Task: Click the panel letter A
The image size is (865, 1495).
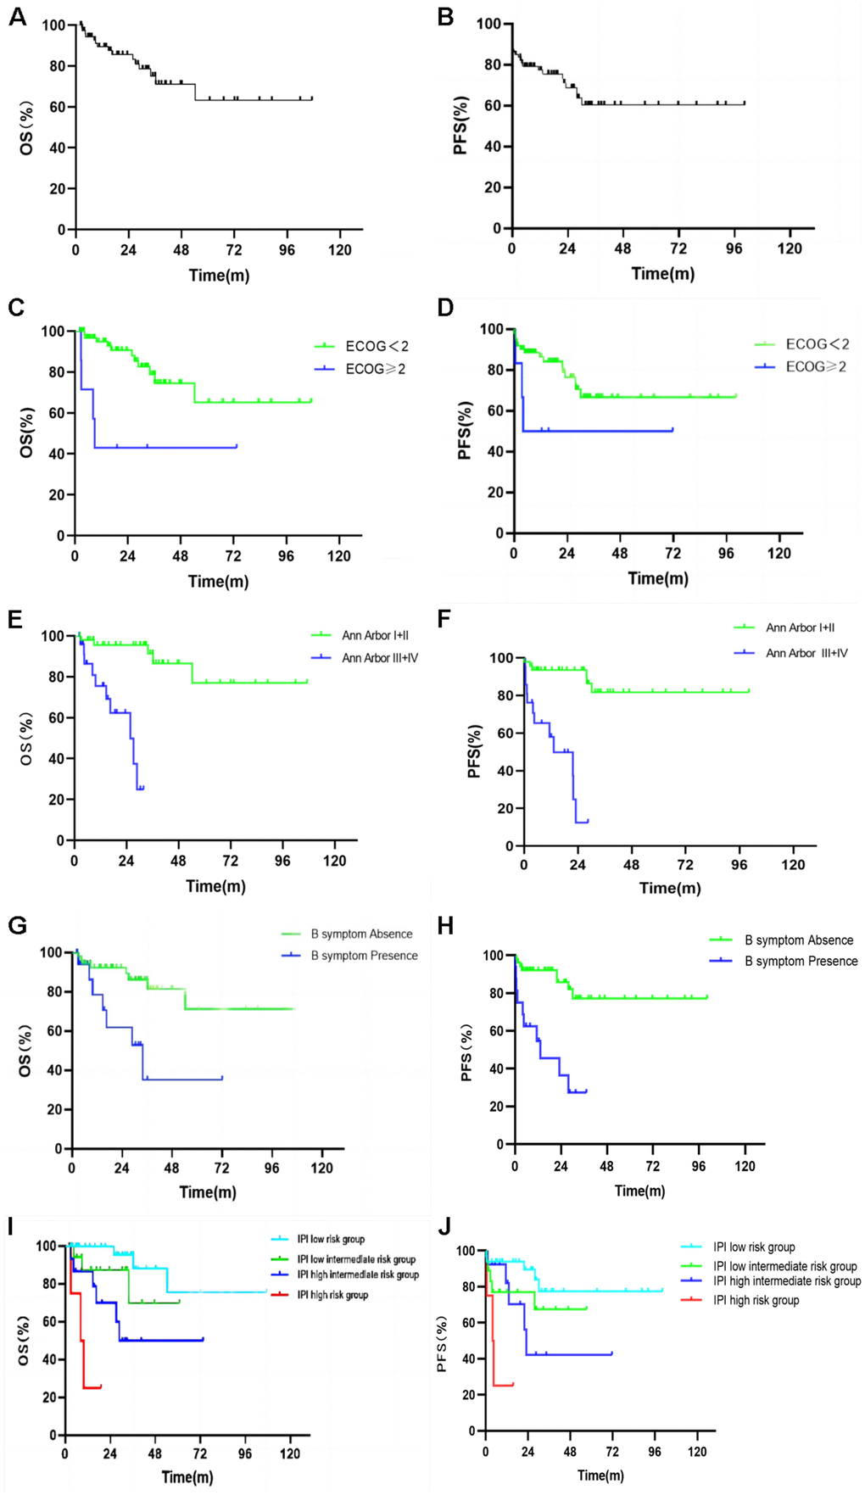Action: point(17,17)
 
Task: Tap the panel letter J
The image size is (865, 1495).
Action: point(444,1229)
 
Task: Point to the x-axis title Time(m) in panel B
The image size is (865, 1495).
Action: point(662,274)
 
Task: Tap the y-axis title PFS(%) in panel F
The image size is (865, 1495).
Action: point(475,751)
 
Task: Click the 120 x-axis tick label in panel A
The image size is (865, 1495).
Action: point(340,250)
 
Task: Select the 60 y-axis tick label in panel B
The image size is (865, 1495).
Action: point(492,106)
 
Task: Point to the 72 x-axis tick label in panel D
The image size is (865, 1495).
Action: point(672,554)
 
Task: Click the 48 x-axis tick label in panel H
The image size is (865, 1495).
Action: point(606,1166)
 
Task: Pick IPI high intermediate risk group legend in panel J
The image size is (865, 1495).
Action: point(786,1281)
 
